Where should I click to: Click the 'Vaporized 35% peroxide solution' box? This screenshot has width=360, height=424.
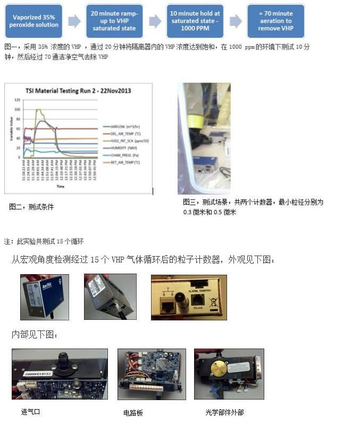pos(34,21)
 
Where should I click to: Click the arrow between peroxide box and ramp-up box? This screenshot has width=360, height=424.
pos(74,21)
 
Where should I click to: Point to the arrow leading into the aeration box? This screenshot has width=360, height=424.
pos(235,21)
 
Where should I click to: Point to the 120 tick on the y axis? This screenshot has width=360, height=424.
pos(18,100)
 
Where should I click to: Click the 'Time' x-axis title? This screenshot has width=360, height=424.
pos(61,186)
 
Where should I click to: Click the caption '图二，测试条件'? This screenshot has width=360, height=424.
pos(31,207)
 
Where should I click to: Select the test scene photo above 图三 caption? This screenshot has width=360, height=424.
pos(204,138)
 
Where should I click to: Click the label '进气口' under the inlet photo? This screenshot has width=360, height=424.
pos(30,412)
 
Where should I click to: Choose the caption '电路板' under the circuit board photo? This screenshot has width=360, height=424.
pos(133,412)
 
